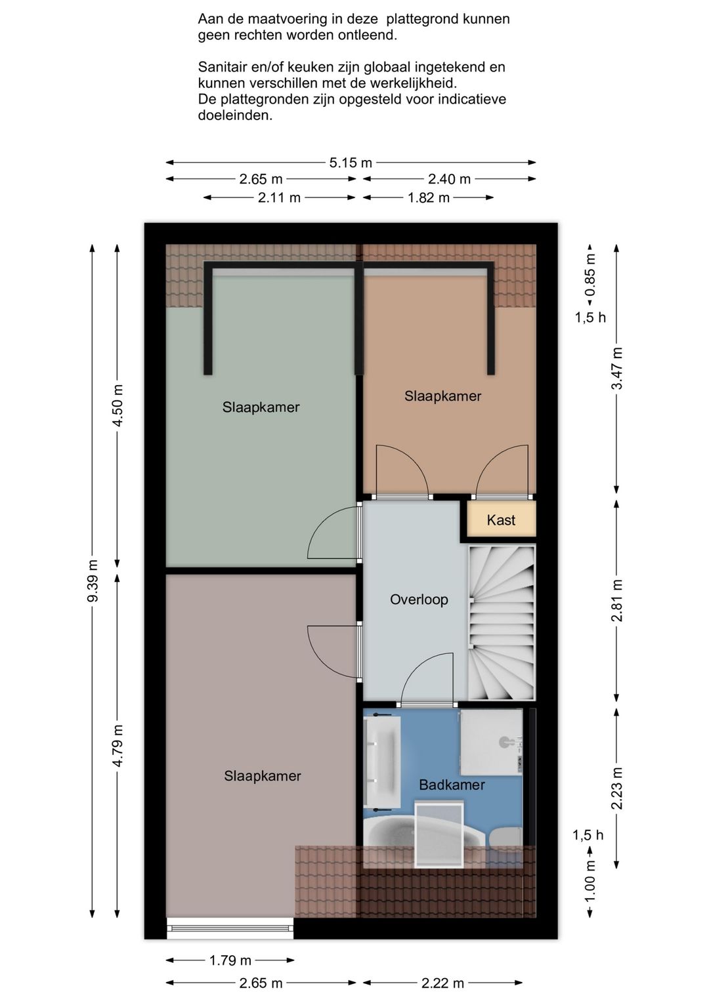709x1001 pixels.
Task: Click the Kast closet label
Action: pos(500,520)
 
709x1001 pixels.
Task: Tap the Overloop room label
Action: pos(419,600)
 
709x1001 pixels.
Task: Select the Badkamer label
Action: pos(452,785)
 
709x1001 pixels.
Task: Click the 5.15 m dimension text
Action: pos(351,163)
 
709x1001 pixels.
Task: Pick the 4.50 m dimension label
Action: pos(118,405)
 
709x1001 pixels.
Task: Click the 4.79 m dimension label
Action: pos(118,746)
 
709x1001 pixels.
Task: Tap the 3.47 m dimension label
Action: pos(617,369)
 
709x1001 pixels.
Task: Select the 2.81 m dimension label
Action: pos(617,600)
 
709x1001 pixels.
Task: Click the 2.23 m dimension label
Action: pos(617,788)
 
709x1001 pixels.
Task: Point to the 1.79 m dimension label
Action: pos(230,960)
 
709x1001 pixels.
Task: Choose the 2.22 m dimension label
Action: pos(442,983)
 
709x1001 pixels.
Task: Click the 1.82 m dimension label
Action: pos(428,197)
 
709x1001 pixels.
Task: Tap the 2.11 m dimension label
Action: pos(279,197)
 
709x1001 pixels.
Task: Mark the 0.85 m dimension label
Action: pos(590,276)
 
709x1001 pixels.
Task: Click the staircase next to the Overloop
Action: pos(502,623)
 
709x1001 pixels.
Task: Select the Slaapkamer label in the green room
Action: pos(261,407)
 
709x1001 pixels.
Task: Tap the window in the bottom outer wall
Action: pos(230,928)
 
